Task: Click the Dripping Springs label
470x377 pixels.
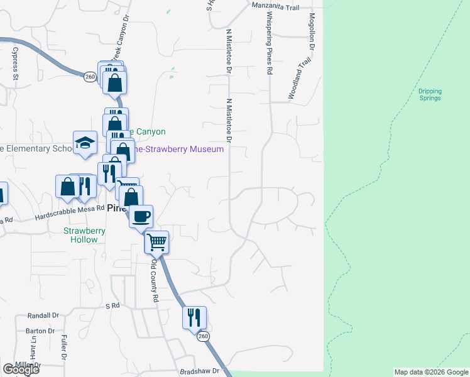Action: [430, 94]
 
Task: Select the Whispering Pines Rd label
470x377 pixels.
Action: [269, 43]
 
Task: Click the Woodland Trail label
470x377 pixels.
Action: [300, 79]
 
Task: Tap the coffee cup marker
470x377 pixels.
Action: [141, 216]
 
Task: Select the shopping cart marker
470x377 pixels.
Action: [156, 242]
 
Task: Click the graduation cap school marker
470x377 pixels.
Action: [85, 143]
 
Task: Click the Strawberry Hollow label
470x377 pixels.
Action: [85, 235]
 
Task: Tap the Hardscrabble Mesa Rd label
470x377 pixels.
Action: [68, 214]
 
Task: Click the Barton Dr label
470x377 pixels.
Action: [41, 331]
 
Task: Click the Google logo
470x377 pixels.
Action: [21, 369]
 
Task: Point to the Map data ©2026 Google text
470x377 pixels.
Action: [431, 372]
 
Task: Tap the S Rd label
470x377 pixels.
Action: [112, 305]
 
